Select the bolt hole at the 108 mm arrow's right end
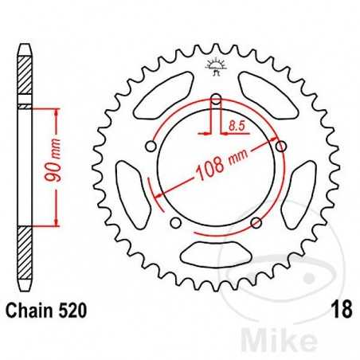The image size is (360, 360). click(280, 145)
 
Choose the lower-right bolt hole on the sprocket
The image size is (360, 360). click(255, 222)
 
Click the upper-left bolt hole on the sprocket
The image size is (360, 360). click(151, 147)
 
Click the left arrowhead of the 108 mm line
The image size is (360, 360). click(160, 195)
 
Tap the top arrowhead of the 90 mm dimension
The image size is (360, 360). click(55, 111)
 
